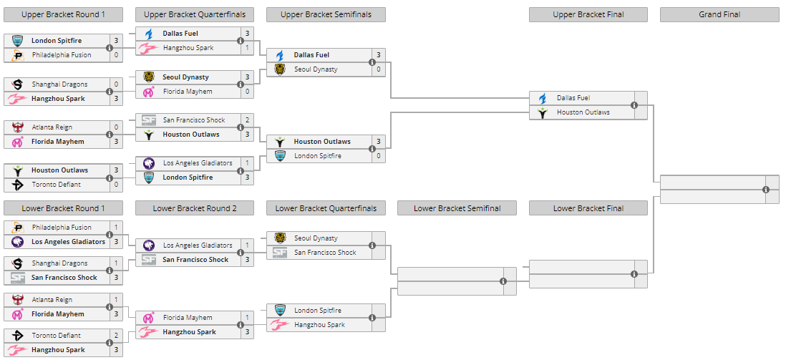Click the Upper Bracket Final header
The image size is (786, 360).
pyautogui.click(x=588, y=14)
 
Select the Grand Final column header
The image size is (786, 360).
pyautogui.click(x=719, y=14)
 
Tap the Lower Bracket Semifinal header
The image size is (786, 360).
pyautogui.click(x=457, y=208)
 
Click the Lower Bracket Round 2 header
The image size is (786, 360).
pyautogui.click(x=194, y=208)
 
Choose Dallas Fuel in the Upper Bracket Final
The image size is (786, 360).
pyautogui.click(x=573, y=98)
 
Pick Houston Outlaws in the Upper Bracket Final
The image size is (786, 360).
pyautogui.click(x=583, y=112)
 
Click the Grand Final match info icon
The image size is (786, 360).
pyautogui.click(x=766, y=190)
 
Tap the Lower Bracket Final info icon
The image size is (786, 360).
pyautogui.click(x=634, y=274)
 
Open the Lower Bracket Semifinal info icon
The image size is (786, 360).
pyautogui.click(x=503, y=281)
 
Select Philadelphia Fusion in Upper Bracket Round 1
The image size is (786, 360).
pyautogui.click(x=61, y=55)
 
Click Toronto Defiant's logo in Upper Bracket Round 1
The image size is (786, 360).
pyautogui.click(x=18, y=185)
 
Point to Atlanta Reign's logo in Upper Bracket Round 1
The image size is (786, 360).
pyautogui.click(x=18, y=127)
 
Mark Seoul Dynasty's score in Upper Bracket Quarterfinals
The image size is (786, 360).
pyautogui.click(x=247, y=77)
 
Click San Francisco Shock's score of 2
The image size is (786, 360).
pyautogui.click(x=247, y=120)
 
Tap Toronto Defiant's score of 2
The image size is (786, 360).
pyautogui.click(x=116, y=336)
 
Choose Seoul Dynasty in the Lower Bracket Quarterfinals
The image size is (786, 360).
pyautogui.click(x=315, y=238)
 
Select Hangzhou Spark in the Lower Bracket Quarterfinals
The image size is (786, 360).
pyautogui.click(x=319, y=325)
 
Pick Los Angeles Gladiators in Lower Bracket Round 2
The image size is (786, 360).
pyautogui.click(x=197, y=245)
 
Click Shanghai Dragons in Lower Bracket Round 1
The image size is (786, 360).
pyautogui.click(x=59, y=263)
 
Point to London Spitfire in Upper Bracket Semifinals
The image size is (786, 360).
pyautogui.click(x=317, y=156)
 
